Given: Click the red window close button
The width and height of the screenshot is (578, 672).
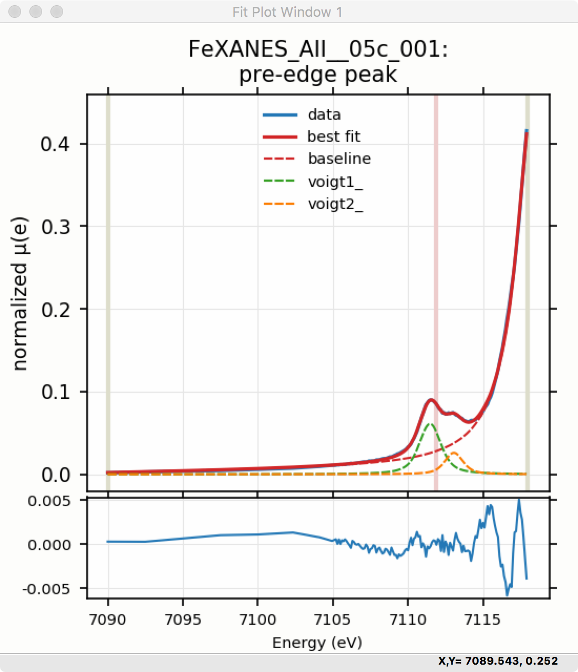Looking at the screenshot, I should click(x=15, y=12).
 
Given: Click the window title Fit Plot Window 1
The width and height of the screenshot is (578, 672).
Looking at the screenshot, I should click(x=287, y=12).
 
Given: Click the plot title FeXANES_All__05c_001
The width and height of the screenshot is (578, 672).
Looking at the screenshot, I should click(x=318, y=49).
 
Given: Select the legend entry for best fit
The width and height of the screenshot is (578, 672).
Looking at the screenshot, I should click(x=334, y=136).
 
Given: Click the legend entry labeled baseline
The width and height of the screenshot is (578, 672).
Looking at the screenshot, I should click(x=339, y=159).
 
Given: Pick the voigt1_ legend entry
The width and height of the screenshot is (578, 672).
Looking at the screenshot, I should click(x=335, y=182).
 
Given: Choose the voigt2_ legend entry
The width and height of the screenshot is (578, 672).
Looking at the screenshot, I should click(x=335, y=204).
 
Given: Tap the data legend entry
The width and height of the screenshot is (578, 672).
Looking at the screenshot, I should click(x=324, y=114).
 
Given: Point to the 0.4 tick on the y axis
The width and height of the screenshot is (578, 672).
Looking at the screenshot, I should click(x=55, y=144).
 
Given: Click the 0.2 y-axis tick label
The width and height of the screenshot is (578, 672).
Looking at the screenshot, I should click(x=55, y=309).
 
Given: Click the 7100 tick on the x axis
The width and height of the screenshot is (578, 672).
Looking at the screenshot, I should click(x=257, y=619).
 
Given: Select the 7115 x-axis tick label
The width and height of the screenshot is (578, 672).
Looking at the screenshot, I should click(x=482, y=619).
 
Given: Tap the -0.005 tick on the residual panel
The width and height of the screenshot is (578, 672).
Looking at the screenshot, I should click(x=46, y=589).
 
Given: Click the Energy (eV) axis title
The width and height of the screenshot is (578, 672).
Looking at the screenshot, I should click(x=317, y=642).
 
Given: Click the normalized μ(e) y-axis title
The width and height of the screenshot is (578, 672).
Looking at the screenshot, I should click(x=20, y=294).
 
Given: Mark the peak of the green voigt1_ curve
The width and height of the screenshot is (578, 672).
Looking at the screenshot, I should click(x=430, y=423).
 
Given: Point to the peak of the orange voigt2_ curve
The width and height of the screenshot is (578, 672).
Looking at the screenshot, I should click(x=453, y=452).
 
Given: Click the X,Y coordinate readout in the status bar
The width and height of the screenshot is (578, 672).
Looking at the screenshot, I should click(x=498, y=661).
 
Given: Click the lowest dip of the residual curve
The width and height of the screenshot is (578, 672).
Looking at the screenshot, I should click(x=507, y=595).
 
